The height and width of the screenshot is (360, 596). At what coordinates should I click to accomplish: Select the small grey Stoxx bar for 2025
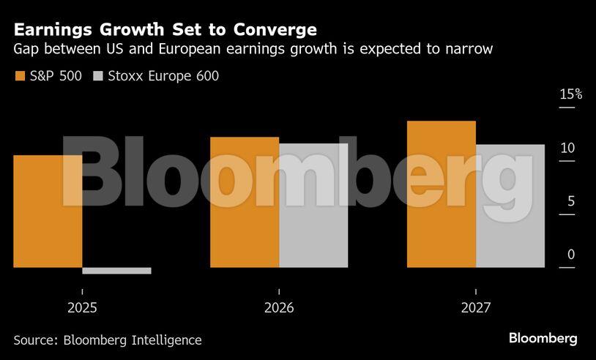pyautogui.click(x=116, y=271)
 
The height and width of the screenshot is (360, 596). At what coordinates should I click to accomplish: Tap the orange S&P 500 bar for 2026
pyautogui.click(x=245, y=202)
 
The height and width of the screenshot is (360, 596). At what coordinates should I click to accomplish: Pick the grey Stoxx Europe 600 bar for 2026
pyautogui.click(x=313, y=206)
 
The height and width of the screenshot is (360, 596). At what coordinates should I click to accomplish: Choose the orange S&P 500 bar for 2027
pyautogui.click(x=442, y=194)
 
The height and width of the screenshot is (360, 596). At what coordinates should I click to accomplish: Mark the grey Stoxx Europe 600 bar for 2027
pyautogui.click(x=510, y=206)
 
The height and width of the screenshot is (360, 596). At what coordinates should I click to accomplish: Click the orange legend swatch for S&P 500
pyautogui.click(x=20, y=76)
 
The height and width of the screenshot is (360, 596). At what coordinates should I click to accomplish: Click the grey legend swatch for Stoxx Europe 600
pyautogui.click(x=97, y=76)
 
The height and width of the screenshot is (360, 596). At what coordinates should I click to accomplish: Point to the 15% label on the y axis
pyautogui.click(x=571, y=94)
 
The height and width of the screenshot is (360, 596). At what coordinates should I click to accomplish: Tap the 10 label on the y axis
pyautogui.click(x=567, y=148)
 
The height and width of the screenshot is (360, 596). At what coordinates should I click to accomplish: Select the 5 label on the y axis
pyautogui.click(x=571, y=201)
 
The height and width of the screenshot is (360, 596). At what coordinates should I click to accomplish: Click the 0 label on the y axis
pyautogui.click(x=571, y=255)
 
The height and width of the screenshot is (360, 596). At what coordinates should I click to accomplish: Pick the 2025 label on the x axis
pyautogui.click(x=82, y=308)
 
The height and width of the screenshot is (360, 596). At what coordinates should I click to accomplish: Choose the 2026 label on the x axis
pyautogui.click(x=279, y=308)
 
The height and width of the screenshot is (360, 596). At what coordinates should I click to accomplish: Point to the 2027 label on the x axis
pyautogui.click(x=476, y=308)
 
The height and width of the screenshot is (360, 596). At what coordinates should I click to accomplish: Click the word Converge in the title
pyautogui.click(x=276, y=30)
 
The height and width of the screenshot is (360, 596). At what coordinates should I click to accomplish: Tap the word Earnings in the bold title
pyautogui.click(x=50, y=30)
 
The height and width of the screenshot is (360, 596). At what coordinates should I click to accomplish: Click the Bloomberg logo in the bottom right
pyautogui.click(x=543, y=338)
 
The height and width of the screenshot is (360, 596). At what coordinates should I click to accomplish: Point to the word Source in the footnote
pyautogui.click(x=34, y=340)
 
